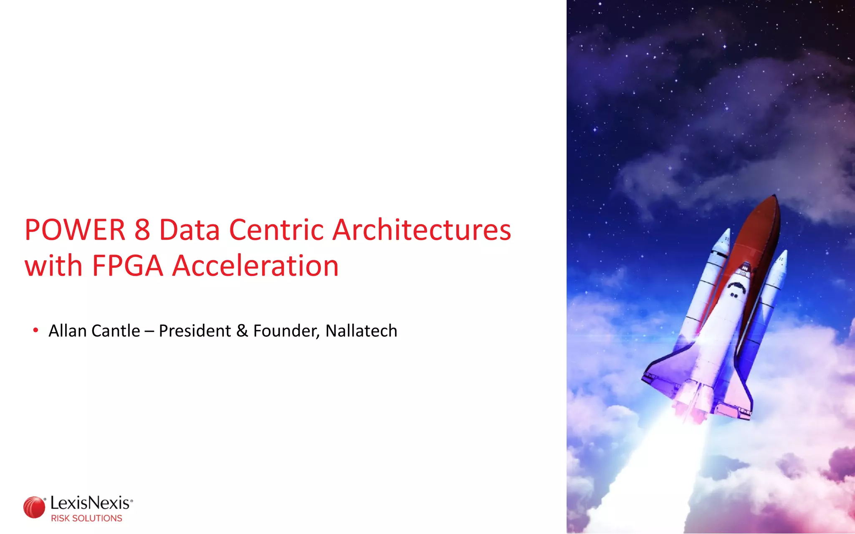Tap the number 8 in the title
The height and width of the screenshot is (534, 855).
coord(142,230)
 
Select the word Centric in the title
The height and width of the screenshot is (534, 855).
coord(276,230)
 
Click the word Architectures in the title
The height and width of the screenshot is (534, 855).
coord(422,230)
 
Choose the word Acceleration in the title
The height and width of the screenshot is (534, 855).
coord(255,266)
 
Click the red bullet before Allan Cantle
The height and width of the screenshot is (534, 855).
coord(36,331)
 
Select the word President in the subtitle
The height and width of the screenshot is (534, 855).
coord(195,331)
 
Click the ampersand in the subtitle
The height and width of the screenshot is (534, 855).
coord(242,331)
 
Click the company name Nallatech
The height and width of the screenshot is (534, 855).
coord(361,331)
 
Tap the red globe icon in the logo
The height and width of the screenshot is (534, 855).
coord(34,507)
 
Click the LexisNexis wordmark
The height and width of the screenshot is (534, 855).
coord(91,503)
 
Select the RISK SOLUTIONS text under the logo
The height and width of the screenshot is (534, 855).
coord(86,519)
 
